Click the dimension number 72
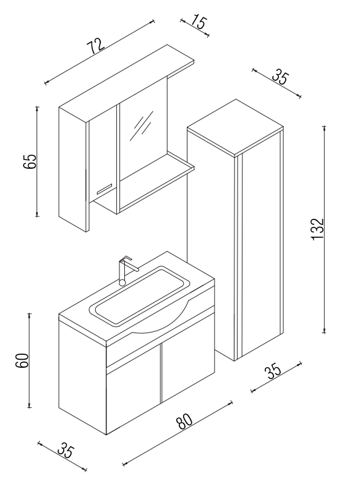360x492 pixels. click(x=96, y=46)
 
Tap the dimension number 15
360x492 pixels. click(x=199, y=22)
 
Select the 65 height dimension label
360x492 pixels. click(x=30, y=161)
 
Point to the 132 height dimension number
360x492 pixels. click(x=317, y=229)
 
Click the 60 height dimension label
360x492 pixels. click(x=23, y=360)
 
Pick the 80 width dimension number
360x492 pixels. click(x=184, y=421)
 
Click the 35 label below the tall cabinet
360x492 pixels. click(x=272, y=371)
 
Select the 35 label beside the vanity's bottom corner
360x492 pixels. click(x=66, y=451)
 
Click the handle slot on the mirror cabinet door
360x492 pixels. click(x=105, y=189)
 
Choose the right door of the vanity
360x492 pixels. click(x=188, y=358)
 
